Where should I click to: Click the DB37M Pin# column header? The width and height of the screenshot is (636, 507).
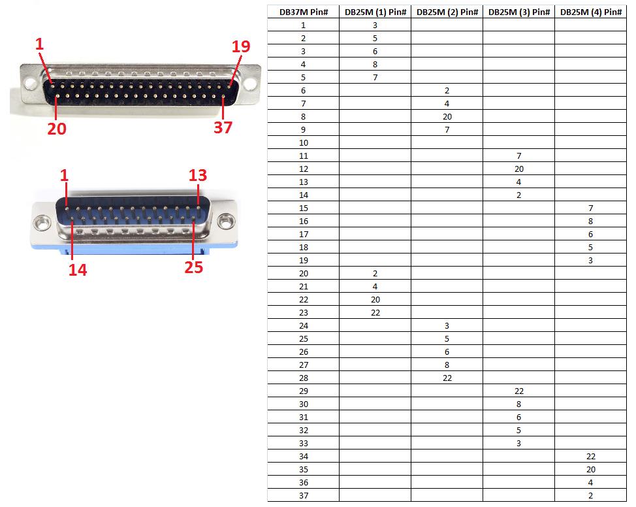(303, 12)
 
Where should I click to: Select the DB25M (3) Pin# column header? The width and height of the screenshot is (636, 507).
(518, 12)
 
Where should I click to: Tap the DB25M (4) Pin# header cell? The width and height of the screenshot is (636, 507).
(590, 12)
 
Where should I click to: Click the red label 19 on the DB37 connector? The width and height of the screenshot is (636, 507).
(240, 46)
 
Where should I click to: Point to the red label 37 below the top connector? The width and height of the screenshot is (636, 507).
(223, 127)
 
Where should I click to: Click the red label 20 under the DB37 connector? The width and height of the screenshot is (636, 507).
(57, 129)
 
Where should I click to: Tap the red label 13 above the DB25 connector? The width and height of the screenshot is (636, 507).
(198, 175)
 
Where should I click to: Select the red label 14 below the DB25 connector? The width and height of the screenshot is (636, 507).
(78, 269)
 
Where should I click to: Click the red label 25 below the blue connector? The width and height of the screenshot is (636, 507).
(194, 267)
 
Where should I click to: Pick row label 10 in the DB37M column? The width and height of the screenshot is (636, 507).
(303, 142)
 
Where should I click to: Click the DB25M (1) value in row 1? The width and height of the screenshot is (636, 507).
(375, 25)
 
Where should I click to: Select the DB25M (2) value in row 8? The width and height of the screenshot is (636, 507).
(447, 116)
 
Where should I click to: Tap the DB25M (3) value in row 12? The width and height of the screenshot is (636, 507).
(518, 169)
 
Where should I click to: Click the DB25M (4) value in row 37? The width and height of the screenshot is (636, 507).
(590, 495)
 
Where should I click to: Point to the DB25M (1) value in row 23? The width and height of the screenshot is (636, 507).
(375, 312)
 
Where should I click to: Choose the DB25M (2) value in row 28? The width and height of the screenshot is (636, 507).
(447, 378)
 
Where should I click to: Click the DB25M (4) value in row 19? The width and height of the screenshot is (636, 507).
(590, 260)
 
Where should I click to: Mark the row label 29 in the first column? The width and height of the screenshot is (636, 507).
(303, 391)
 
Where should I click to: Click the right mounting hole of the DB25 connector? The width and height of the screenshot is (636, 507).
(226, 222)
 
